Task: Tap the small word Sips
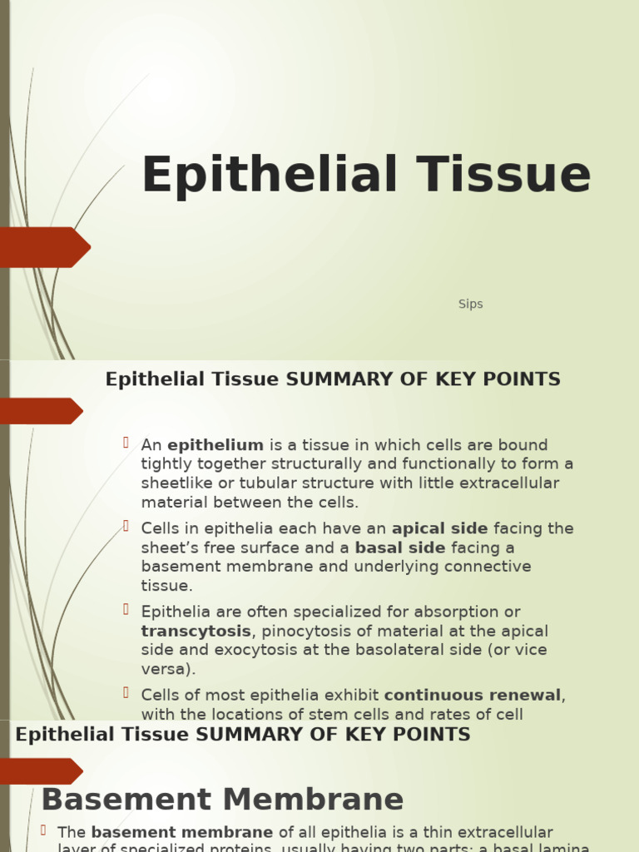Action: (470, 305)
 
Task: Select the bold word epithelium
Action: (215, 445)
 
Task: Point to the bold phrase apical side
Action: (440, 529)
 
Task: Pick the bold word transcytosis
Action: (196, 632)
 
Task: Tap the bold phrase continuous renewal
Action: (473, 696)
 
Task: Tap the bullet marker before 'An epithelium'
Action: (126, 443)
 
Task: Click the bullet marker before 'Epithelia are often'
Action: (126, 610)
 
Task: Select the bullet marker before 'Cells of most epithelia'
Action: (126, 693)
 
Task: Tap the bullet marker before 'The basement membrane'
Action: (43, 830)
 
